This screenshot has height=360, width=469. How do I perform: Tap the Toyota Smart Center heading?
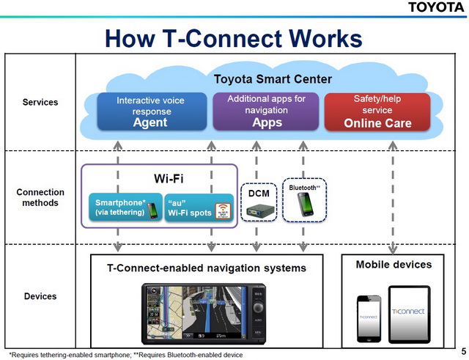273,78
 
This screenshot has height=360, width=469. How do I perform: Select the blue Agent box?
150,111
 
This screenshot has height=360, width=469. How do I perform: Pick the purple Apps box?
267,111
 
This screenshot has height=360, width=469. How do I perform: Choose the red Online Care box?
377,111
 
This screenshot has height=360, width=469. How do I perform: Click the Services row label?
40,102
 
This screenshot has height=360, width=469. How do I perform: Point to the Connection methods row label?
40,197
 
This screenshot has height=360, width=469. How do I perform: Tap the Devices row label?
40,297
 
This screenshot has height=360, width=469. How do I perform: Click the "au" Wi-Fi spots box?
198,208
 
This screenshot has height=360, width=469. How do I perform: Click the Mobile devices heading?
394,264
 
